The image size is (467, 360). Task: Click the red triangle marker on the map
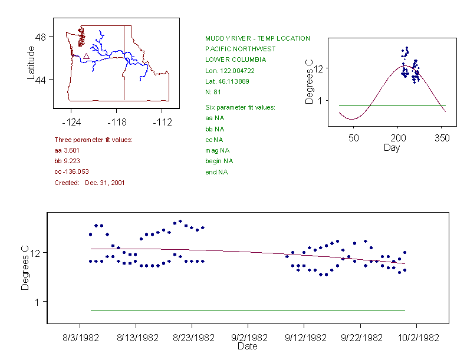(86, 56)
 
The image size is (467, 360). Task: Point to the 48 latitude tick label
(40, 37)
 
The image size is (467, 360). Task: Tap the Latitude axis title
(31, 62)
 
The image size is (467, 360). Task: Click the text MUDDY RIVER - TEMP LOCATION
(257, 39)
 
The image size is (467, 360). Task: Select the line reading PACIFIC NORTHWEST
(240, 49)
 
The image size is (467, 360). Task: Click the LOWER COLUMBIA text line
(235, 60)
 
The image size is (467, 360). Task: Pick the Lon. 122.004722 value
(230, 70)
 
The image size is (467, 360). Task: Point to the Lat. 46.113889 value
(227, 81)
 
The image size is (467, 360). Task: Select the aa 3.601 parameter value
(67, 151)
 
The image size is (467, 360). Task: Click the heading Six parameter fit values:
(240, 107)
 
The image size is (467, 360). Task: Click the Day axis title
(392, 148)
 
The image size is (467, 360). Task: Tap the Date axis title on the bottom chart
(247, 346)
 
